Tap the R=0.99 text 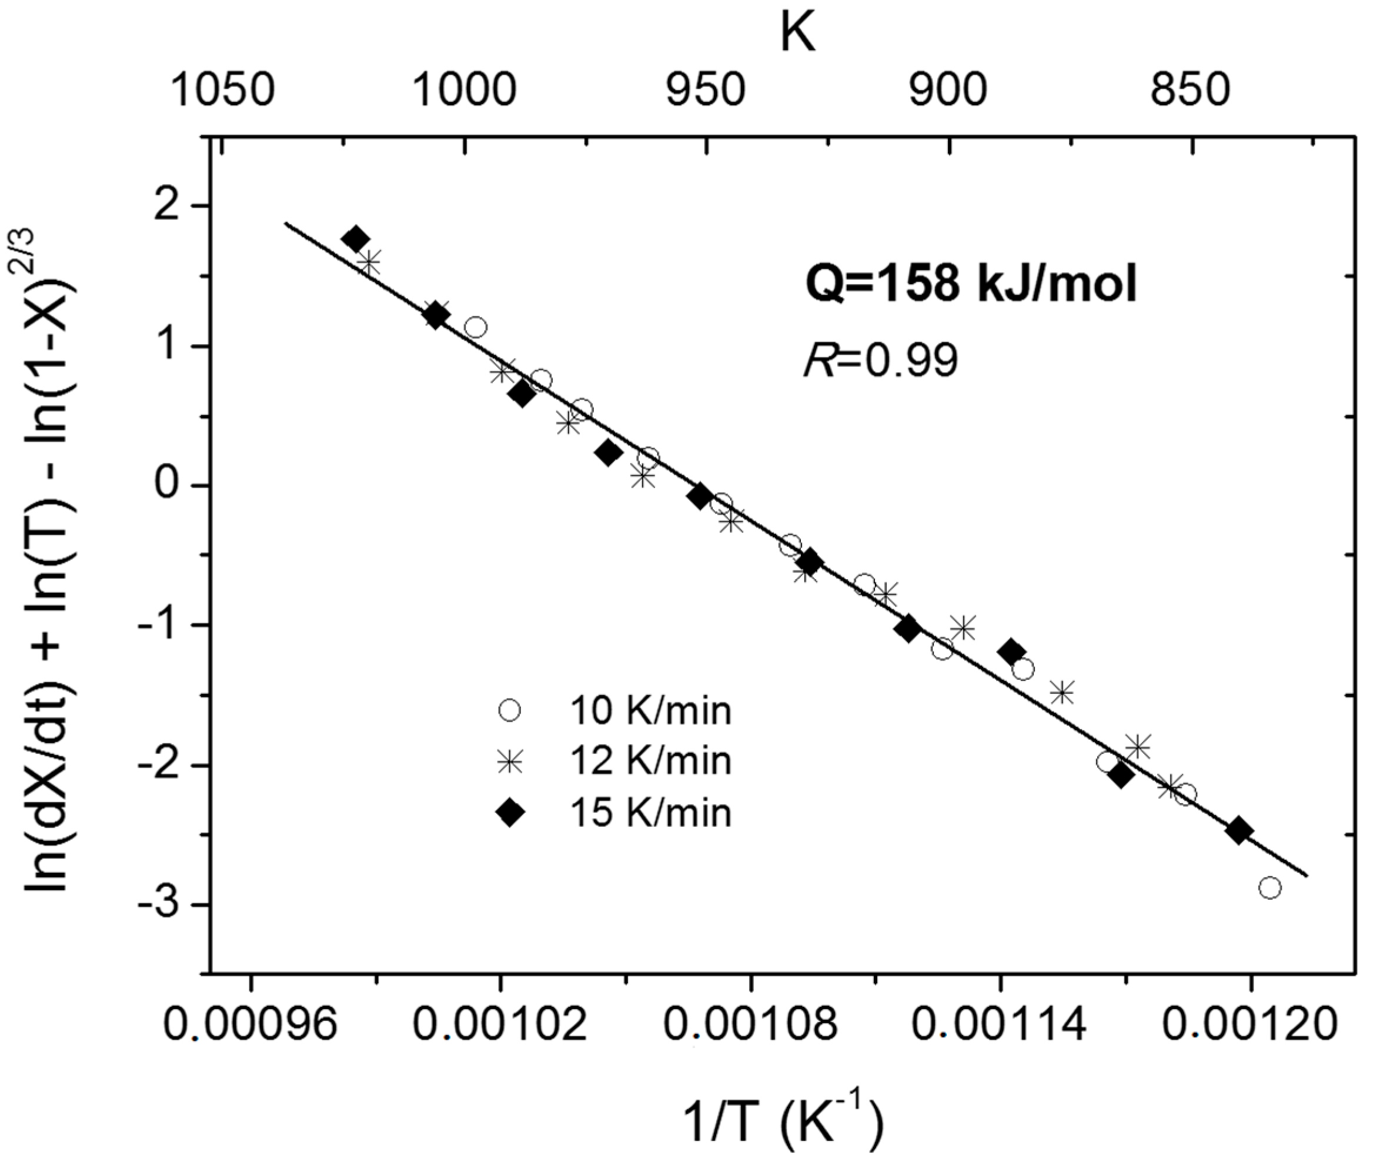tap(880, 362)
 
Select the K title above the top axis tap(797, 35)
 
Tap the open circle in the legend tap(510, 711)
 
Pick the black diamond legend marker tap(510, 812)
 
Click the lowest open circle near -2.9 tap(1270, 888)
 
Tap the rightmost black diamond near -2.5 tap(1238, 831)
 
